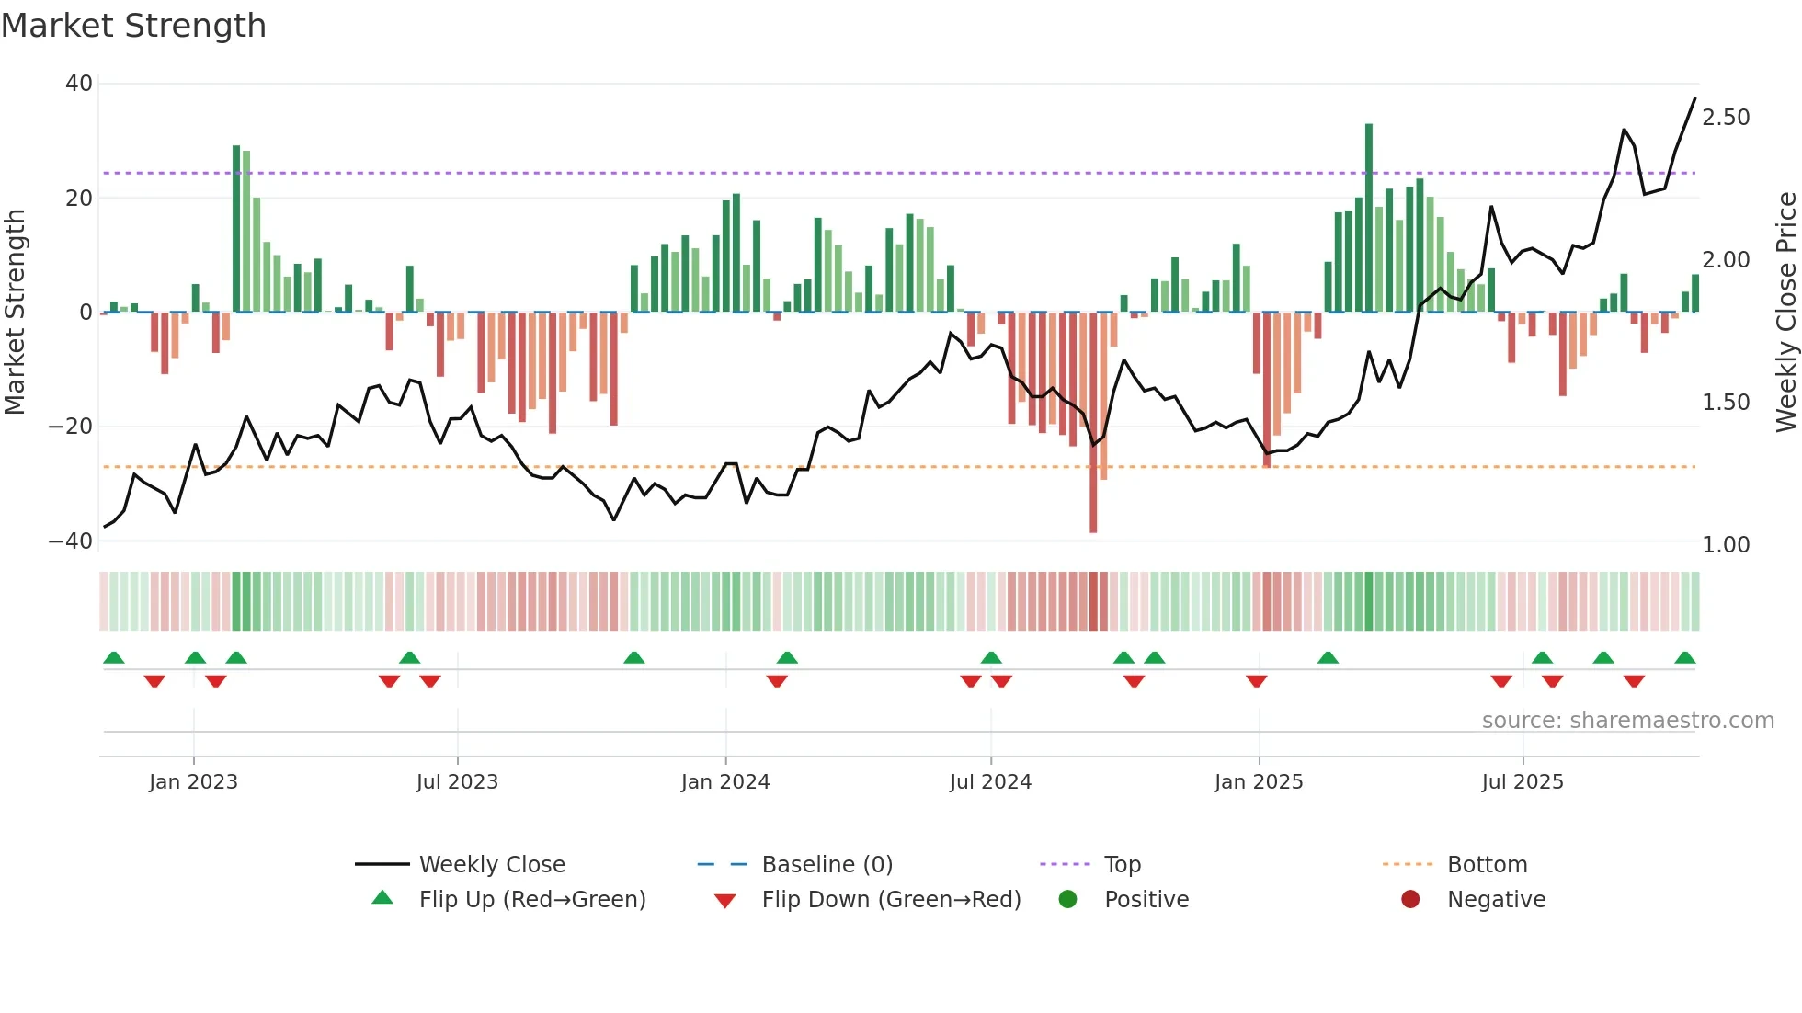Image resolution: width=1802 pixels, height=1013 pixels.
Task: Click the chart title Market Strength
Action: [x=133, y=26]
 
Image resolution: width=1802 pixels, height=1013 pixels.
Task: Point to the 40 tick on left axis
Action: [x=79, y=84]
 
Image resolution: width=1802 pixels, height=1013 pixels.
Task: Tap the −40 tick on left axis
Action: [x=72, y=541]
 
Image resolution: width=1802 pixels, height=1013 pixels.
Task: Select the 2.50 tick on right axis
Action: [x=1726, y=118]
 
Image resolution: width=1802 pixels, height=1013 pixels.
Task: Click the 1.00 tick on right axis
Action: [x=1726, y=545]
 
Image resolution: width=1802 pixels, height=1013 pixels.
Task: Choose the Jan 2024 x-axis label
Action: [x=725, y=782]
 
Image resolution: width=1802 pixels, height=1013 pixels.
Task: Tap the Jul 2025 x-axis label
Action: [x=1523, y=782]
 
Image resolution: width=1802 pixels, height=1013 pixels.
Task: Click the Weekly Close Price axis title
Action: [x=1785, y=312]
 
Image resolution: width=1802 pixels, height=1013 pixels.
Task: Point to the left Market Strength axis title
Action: [x=15, y=312]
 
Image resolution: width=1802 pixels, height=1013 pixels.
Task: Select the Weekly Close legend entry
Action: [x=492, y=865]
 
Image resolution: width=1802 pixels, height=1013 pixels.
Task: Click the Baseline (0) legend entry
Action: [x=827, y=865]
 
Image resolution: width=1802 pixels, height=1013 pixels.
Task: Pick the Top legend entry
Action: [x=1122, y=865]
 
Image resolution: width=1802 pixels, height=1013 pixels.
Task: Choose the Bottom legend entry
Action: [x=1487, y=865]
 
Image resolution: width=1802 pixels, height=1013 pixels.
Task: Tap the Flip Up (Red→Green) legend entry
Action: [x=532, y=900]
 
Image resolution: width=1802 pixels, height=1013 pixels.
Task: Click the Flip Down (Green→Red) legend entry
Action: [x=891, y=900]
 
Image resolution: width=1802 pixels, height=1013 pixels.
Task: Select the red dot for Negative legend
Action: [x=1410, y=899]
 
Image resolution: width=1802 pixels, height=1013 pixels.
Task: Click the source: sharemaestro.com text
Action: [x=1627, y=721]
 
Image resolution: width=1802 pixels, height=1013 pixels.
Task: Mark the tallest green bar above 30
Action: [x=1369, y=217]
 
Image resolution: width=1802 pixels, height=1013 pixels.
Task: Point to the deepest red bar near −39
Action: [x=1093, y=423]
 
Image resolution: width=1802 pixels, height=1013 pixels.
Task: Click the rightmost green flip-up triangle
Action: [x=1685, y=658]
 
